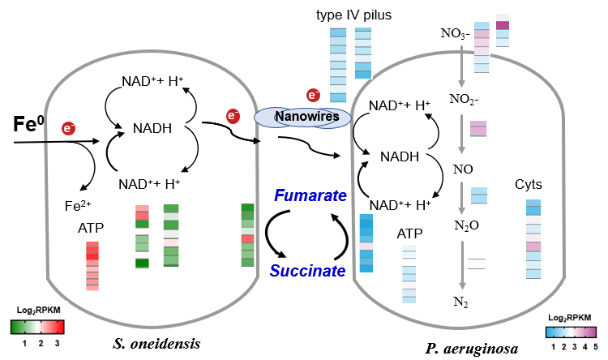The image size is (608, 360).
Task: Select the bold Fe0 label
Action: (x=28, y=124)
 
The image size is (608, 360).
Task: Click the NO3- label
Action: (x=454, y=34)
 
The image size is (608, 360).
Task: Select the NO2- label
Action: (x=463, y=100)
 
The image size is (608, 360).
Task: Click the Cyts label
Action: (x=529, y=185)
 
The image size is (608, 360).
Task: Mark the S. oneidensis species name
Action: (x=157, y=345)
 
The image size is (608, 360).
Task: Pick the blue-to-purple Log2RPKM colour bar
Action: (x=571, y=332)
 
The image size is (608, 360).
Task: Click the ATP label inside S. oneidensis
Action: (x=91, y=230)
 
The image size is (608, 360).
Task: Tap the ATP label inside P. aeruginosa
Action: (x=409, y=234)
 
